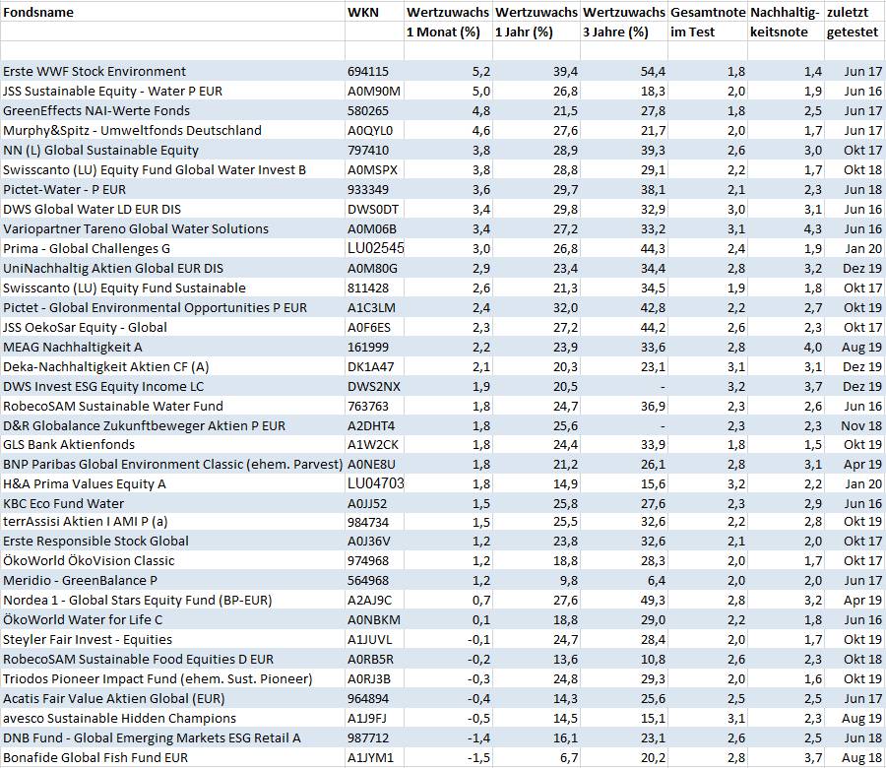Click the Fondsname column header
click(x=38, y=13)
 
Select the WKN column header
click(x=363, y=13)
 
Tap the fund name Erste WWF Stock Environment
click(x=95, y=72)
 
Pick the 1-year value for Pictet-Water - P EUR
click(x=566, y=190)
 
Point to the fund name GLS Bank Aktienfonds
click(x=69, y=445)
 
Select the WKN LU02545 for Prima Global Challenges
click(x=376, y=249)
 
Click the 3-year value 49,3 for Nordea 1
click(x=654, y=601)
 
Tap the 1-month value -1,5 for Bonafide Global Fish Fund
click(x=479, y=758)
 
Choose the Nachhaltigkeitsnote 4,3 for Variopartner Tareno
click(x=812, y=229)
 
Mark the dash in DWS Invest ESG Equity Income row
click(x=663, y=387)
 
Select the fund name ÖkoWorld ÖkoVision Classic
click(x=89, y=561)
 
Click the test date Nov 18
click(x=861, y=426)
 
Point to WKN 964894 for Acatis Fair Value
click(x=368, y=699)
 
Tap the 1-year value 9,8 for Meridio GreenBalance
click(x=569, y=581)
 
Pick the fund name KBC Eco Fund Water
click(x=63, y=504)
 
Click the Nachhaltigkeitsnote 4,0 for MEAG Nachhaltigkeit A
click(x=812, y=348)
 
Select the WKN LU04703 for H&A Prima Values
click(x=376, y=483)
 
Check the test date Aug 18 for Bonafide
click(x=861, y=758)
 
